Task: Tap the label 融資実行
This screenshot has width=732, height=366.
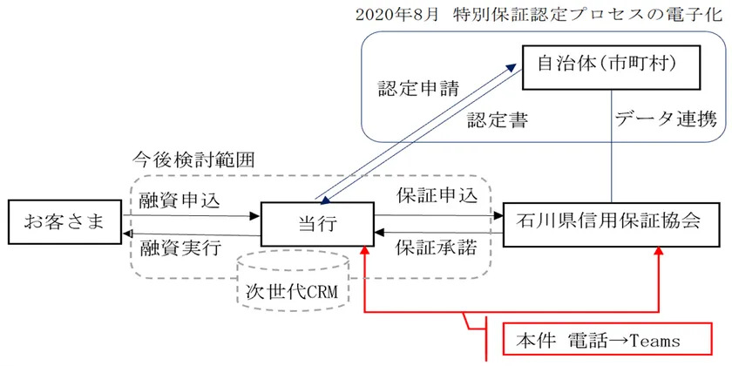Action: click(x=180, y=247)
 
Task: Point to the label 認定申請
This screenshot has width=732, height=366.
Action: click(x=418, y=90)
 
